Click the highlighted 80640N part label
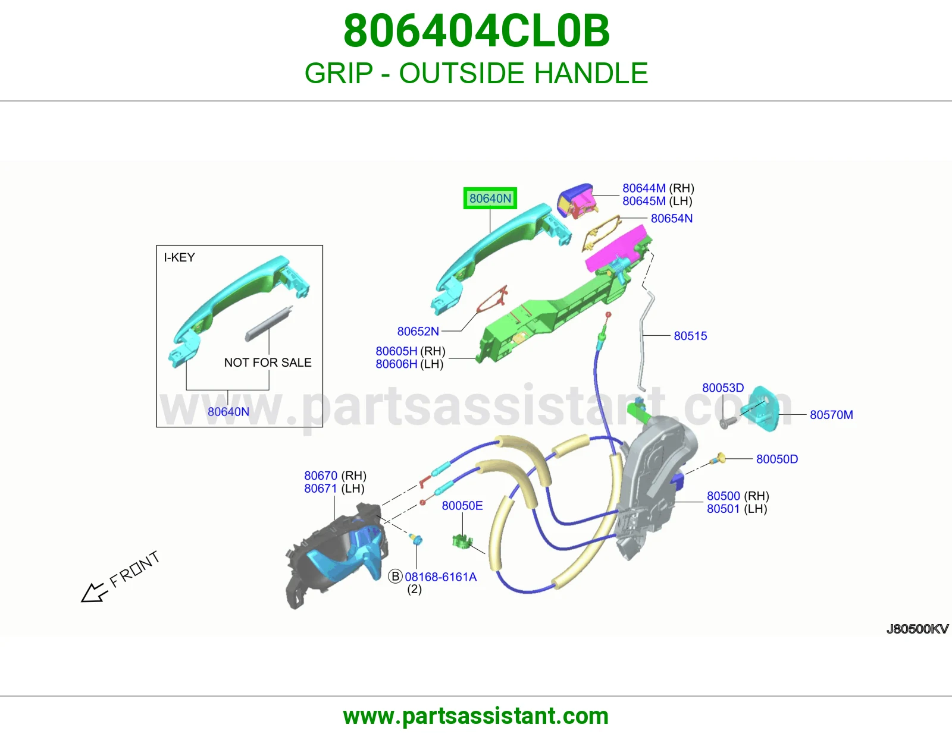[490, 199]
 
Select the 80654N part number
[672, 218]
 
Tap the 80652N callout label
[418, 331]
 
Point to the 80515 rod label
[690, 336]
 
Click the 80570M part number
[831, 414]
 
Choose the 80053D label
[723, 388]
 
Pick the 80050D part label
[776, 459]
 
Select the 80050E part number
[462, 505]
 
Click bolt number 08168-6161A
[441, 577]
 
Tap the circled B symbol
[395, 577]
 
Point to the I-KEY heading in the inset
[179, 257]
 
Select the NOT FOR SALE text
[268, 363]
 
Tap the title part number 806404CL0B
[476, 31]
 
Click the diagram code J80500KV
[917, 629]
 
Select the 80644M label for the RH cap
[644, 188]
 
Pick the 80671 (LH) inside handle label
[334, 489]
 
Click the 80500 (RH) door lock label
[738, 496]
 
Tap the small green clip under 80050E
[462, 541]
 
